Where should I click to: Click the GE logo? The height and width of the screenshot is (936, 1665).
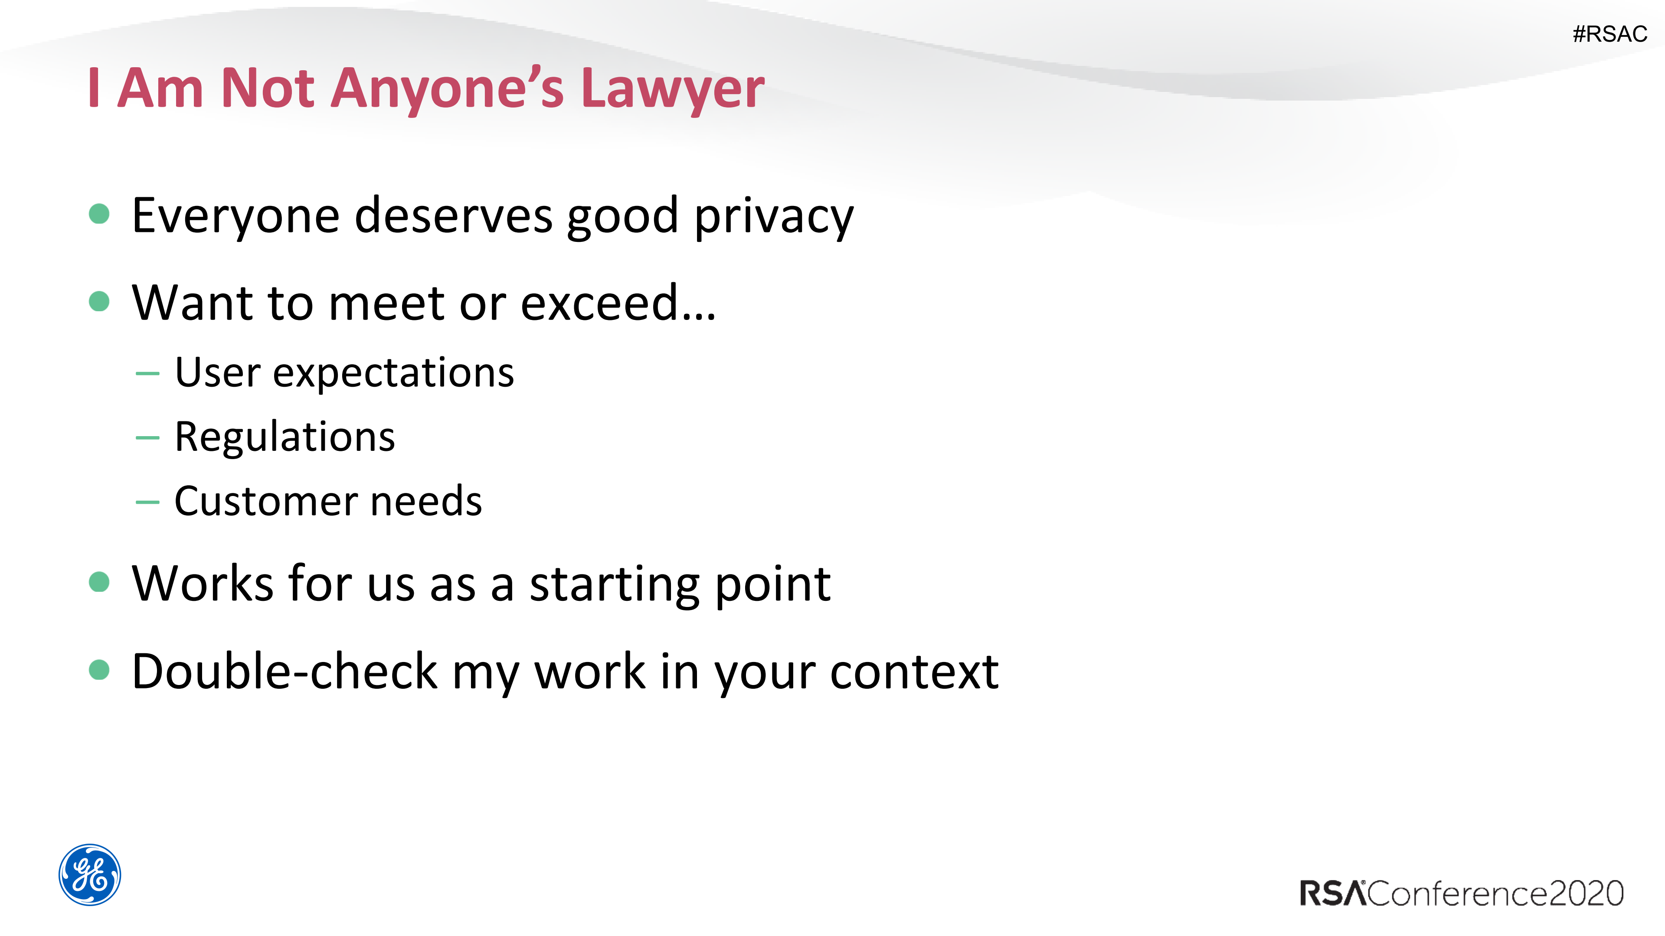90,874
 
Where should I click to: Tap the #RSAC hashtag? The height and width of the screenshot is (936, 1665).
1610,33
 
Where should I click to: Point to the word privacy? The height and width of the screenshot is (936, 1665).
774,218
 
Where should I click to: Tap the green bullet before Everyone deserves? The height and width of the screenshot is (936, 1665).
99,214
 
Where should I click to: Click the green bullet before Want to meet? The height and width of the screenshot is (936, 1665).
99,301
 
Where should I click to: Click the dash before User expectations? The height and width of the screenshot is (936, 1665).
147,373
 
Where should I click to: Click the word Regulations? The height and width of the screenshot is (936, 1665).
285,438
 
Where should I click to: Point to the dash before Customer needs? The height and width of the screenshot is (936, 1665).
147,502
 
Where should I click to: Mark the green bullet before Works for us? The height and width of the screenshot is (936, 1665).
99,581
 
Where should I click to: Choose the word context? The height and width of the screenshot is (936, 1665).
915,672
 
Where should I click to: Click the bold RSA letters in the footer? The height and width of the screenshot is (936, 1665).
1333,894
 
